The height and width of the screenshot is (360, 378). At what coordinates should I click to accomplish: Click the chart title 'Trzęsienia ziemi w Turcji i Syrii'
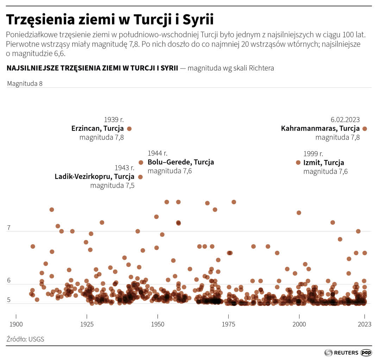(x=110, y=20)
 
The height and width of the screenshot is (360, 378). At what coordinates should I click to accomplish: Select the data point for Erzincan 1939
(x=129, y=129)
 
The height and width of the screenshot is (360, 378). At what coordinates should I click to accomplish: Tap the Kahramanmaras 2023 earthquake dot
(x=365, y=129)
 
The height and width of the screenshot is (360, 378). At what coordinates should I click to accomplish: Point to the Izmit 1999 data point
(x=298, y=162)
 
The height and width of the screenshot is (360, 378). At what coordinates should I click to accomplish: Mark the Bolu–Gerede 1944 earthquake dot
(x=141, y=162)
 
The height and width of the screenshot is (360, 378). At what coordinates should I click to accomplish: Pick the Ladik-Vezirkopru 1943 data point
(x=140, y=177)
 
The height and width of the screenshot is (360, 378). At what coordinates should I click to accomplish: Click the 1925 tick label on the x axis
(x=87, y=324)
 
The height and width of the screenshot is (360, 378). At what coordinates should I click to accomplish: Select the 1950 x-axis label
(x=158, y=324)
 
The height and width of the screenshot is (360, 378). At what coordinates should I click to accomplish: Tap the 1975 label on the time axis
(x=228, y=324)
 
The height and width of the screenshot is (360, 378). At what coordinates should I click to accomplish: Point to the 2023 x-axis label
(x=365, y=324)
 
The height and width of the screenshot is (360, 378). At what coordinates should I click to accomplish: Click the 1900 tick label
(x=16, y=324)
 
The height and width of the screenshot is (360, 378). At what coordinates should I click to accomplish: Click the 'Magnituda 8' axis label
(x=25, y=84)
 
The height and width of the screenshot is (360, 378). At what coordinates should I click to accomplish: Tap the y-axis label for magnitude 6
(x=9, y=281)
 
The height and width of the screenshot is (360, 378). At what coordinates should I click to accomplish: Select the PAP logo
(x=366, y=352)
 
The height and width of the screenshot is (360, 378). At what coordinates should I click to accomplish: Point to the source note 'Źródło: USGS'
(x=25, y=339)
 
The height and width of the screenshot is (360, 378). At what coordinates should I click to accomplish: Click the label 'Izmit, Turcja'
(x=323, y=163)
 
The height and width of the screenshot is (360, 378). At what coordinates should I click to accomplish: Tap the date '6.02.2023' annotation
(x=345, y=120)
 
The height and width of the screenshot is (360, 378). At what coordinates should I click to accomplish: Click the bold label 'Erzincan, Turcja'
(x=97, y=129)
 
